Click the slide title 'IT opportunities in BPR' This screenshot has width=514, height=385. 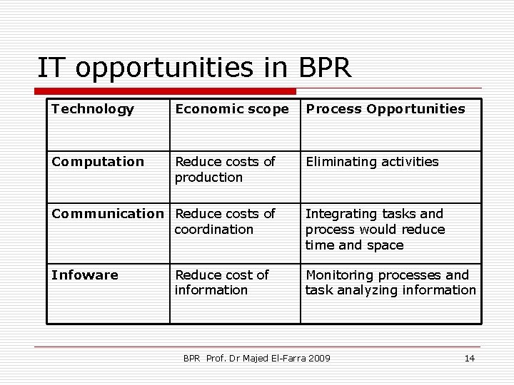[x=194, y=68]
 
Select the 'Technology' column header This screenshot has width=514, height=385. [x=93, y=109]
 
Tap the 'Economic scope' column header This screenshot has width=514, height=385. [x=232, y=109]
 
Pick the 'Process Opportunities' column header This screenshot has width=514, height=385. [x=385, y=109]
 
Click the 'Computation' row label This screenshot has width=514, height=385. [x=98, y=162]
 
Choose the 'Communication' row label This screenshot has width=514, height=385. [x=108, y=214]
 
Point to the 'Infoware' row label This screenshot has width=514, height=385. [x=85, y=275]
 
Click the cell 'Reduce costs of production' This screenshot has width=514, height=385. [x=225, y=169]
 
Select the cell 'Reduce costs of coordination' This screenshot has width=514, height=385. [x=225, y=221]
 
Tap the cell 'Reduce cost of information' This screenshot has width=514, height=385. [x=222, y=282]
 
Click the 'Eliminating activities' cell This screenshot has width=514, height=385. [x=372, y=162]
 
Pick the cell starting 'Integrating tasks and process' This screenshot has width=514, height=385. [x=375, y=229]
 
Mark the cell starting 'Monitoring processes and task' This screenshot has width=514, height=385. [x=390, y=282]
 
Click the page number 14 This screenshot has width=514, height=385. [x=469, y=358]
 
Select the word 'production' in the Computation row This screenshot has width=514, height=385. [x=209, y=177]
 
